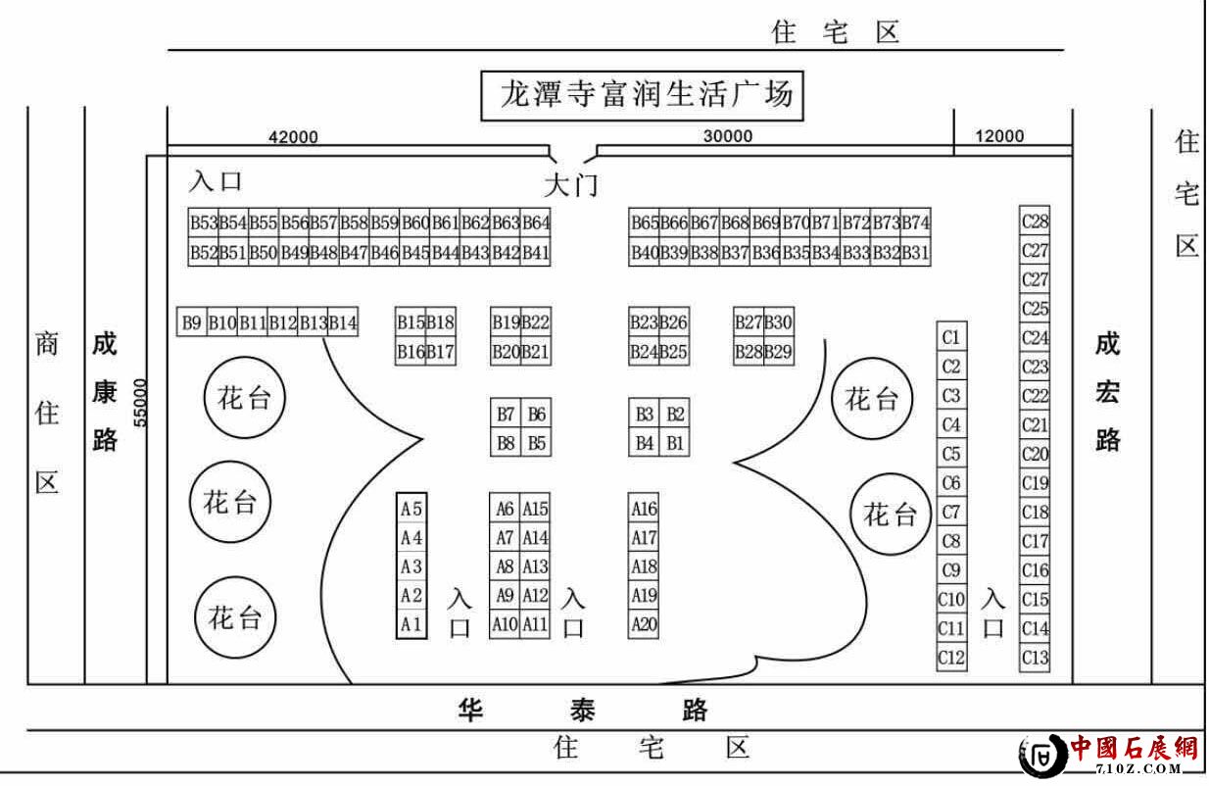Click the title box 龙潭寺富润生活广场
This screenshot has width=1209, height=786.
click(646, 96)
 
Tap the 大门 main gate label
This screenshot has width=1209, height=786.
click(570, 184)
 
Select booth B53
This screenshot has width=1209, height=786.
click(204, 222)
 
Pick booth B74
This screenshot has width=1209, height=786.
click(916, 222)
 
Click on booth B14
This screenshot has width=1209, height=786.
click(343, 321)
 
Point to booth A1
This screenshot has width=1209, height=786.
click(411, 623)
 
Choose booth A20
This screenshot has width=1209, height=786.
click(644, 623)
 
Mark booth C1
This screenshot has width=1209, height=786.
click(950, 338)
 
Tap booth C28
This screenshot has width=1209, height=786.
click(1035, 222)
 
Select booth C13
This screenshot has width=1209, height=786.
click(1035, 657)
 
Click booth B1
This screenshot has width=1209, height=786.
click(675, 443)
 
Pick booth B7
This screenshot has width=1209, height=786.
click(506, 414)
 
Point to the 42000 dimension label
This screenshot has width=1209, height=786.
click(293, 137)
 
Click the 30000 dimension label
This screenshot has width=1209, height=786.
click(728, 137)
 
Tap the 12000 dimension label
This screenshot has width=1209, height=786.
click(999, 137)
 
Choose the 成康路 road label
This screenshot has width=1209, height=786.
click(105, 393)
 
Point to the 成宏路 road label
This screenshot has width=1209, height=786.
click(1108, 393)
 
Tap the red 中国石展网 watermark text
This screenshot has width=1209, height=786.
click(1134, 750)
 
